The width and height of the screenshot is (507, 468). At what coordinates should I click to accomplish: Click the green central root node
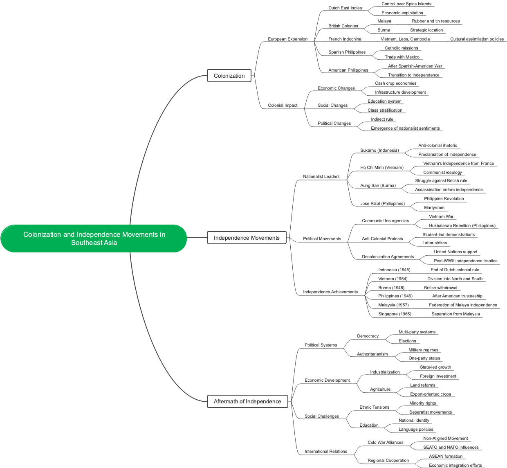tap(94, 239)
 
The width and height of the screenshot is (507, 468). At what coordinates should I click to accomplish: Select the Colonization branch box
tap(229, 76)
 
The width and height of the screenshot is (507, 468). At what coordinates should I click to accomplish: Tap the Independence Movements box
tap(247, 238)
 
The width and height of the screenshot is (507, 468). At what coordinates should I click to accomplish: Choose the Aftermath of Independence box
tap(247, 401)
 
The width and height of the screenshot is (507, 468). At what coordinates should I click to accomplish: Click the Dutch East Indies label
tap(345, 8)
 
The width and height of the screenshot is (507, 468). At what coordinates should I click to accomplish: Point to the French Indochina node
tap(345, 39)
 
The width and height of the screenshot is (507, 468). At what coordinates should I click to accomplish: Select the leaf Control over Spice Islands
tap(406, 4)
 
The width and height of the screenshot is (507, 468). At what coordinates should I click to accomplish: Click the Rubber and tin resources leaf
tap(435, 21)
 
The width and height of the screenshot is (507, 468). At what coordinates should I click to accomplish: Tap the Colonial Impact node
tap(283, 105)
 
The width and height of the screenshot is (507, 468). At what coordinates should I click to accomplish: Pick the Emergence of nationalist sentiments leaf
tap(405, 128)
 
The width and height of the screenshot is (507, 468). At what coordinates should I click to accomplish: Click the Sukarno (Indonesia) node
tap(379, 150)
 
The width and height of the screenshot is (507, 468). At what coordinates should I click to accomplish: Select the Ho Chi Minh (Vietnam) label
tap(382, 167)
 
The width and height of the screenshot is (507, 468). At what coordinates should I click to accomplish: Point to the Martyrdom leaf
tap(434, 207)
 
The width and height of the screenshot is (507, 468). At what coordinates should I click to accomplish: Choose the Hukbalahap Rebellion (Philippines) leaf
tap(462, 225)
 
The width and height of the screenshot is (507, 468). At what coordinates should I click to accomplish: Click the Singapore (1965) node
tap(395, 314)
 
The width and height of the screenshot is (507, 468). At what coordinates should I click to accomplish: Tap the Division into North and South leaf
tap(455, 279)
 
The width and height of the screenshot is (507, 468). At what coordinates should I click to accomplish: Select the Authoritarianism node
tap(372, 354)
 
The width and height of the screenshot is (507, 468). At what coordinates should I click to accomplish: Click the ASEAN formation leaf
tap(446, 456)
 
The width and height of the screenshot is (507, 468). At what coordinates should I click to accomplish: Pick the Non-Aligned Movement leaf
tap(445, 438)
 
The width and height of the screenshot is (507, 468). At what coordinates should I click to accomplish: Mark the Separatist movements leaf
tap(431, 412)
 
